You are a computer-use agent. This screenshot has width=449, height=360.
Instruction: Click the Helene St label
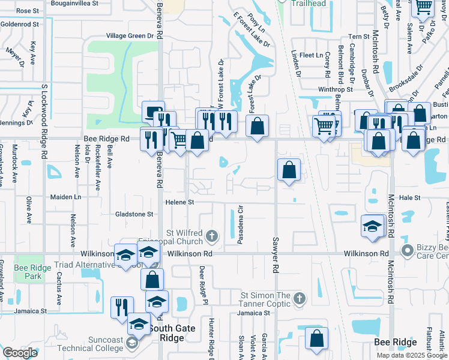pos(180,203)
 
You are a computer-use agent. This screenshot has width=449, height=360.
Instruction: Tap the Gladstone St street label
pos(135,214)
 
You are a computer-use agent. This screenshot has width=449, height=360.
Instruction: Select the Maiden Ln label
pos(65,197)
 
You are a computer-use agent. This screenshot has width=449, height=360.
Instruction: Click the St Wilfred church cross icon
pos(211,236)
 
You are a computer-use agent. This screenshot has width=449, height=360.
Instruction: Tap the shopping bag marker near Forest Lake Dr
pos(257,127)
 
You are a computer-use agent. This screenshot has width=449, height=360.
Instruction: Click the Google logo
pos(20,353)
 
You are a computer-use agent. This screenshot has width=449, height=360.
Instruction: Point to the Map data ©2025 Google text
pos(411,355)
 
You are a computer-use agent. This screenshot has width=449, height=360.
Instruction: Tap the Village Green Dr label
pos(130,36)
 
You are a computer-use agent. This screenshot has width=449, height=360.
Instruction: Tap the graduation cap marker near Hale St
pos(373,227)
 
